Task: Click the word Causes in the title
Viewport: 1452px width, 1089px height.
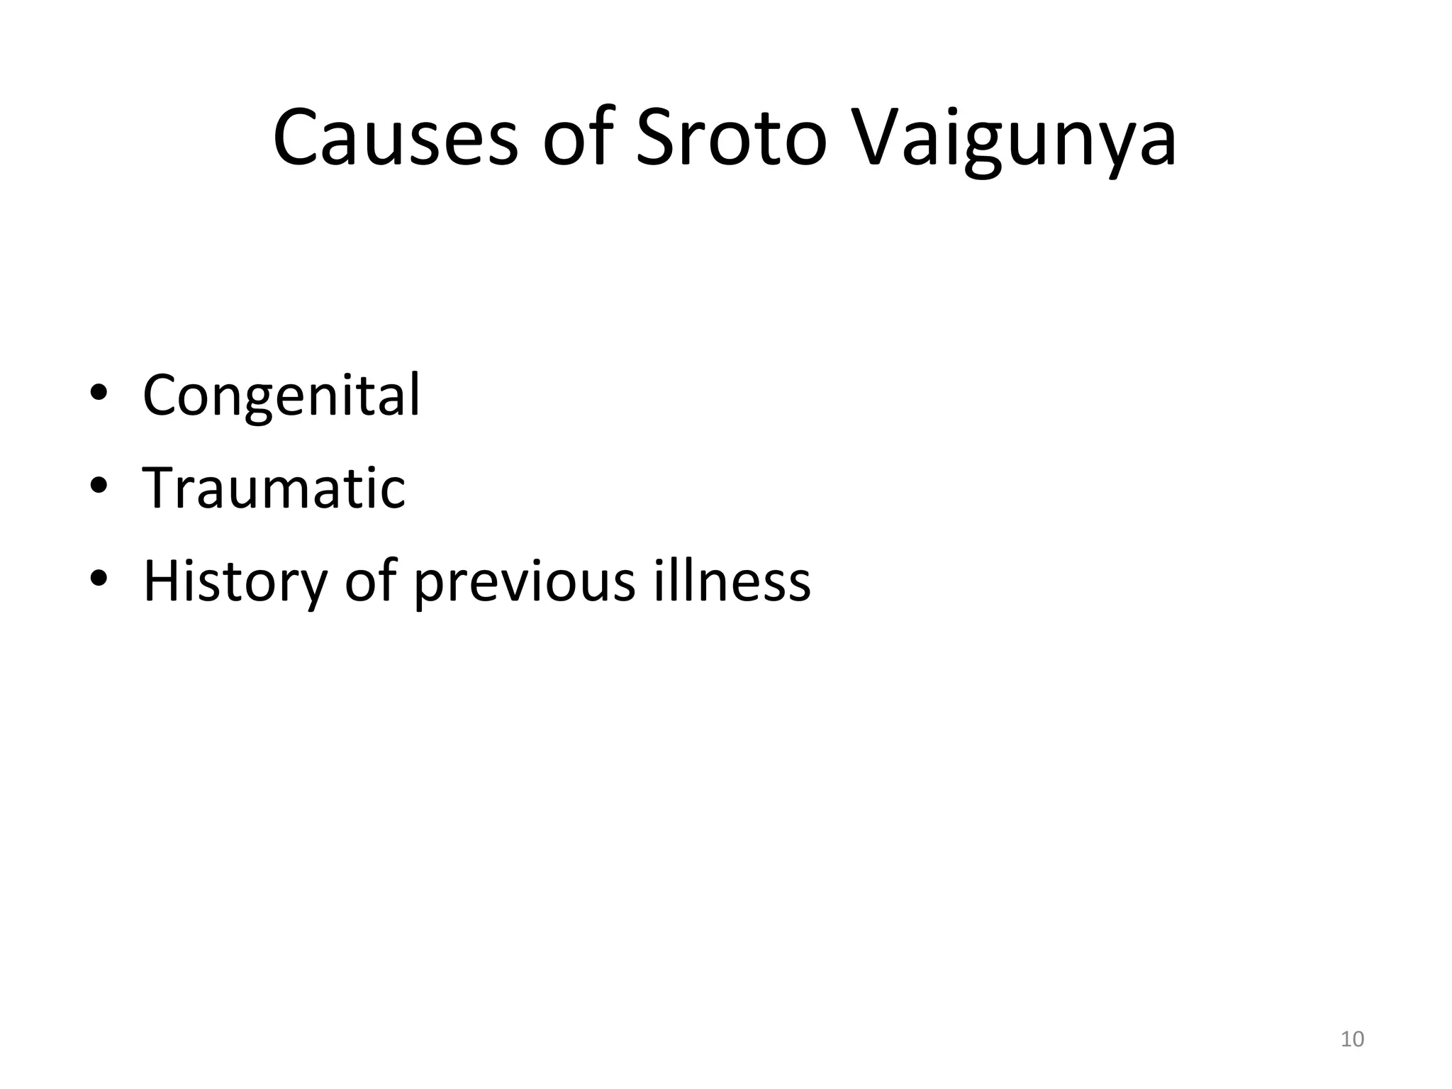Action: (396, 138)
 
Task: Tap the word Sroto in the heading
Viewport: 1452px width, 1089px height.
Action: (731, 138)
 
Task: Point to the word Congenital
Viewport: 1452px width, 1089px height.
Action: (281, 396)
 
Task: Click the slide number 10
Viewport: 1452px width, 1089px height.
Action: (1352, 1039)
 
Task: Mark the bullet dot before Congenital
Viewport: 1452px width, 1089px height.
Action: (99, 393)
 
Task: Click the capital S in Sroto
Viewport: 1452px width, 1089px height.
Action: (659, 138)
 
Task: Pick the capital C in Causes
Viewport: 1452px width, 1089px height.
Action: (297, 138)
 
